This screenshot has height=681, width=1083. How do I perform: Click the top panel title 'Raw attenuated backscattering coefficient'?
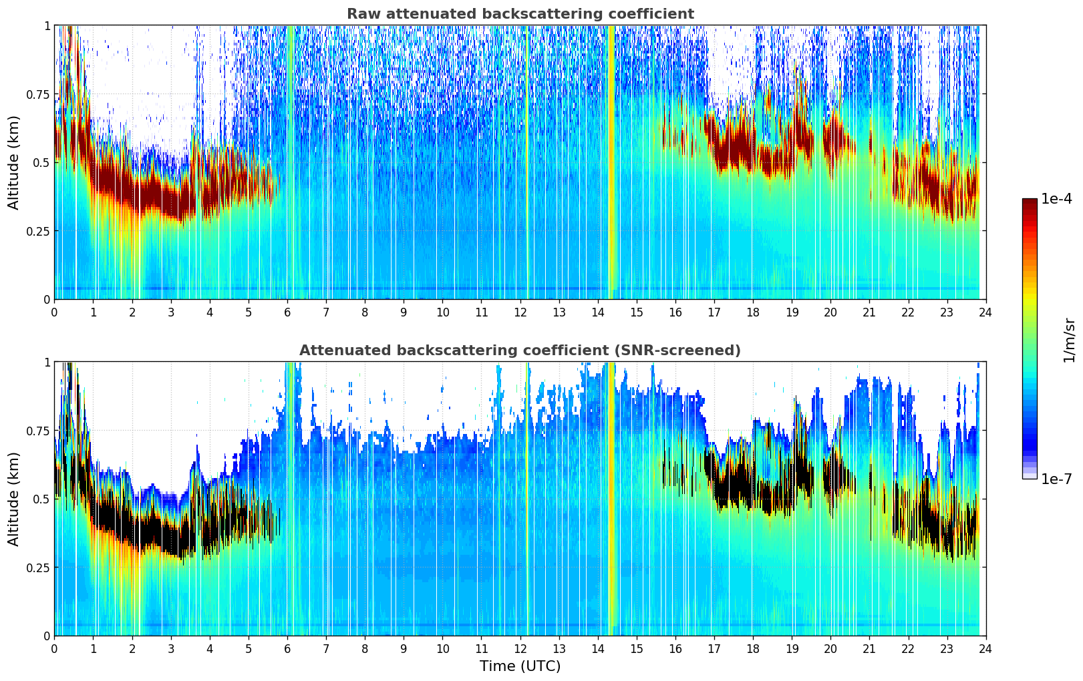click(x=520, y=14)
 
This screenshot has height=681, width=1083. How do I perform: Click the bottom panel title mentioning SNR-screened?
click(x=520, y=351)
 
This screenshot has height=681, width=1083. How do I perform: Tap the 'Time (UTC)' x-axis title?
click(x=520, y=666)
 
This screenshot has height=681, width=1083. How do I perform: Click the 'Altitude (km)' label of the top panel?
click(x=14, y=162)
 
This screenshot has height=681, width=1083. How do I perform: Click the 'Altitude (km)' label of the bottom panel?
click(x=14, y=499)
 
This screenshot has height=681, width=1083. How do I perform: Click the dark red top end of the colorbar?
click(x=1030, y=202)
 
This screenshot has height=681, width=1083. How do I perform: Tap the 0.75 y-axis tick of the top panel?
click(x=38, y=94)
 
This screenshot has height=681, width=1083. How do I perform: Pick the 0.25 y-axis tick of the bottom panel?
click(x=38, y=567)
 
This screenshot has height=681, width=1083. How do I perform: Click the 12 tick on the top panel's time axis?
click(x=520, y=312)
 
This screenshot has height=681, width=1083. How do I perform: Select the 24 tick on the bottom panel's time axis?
click(x=985, y=648)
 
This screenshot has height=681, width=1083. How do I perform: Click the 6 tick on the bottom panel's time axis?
click(x=287, y=648)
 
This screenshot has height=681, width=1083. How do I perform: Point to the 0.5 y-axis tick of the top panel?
click(x=42, y=162)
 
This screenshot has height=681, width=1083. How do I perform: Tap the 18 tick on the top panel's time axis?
click(x=753, y=312)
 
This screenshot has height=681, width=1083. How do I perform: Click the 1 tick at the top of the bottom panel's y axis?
click(x=47, y=363)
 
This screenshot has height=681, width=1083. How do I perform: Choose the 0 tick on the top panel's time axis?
click(x=54, y=312)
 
